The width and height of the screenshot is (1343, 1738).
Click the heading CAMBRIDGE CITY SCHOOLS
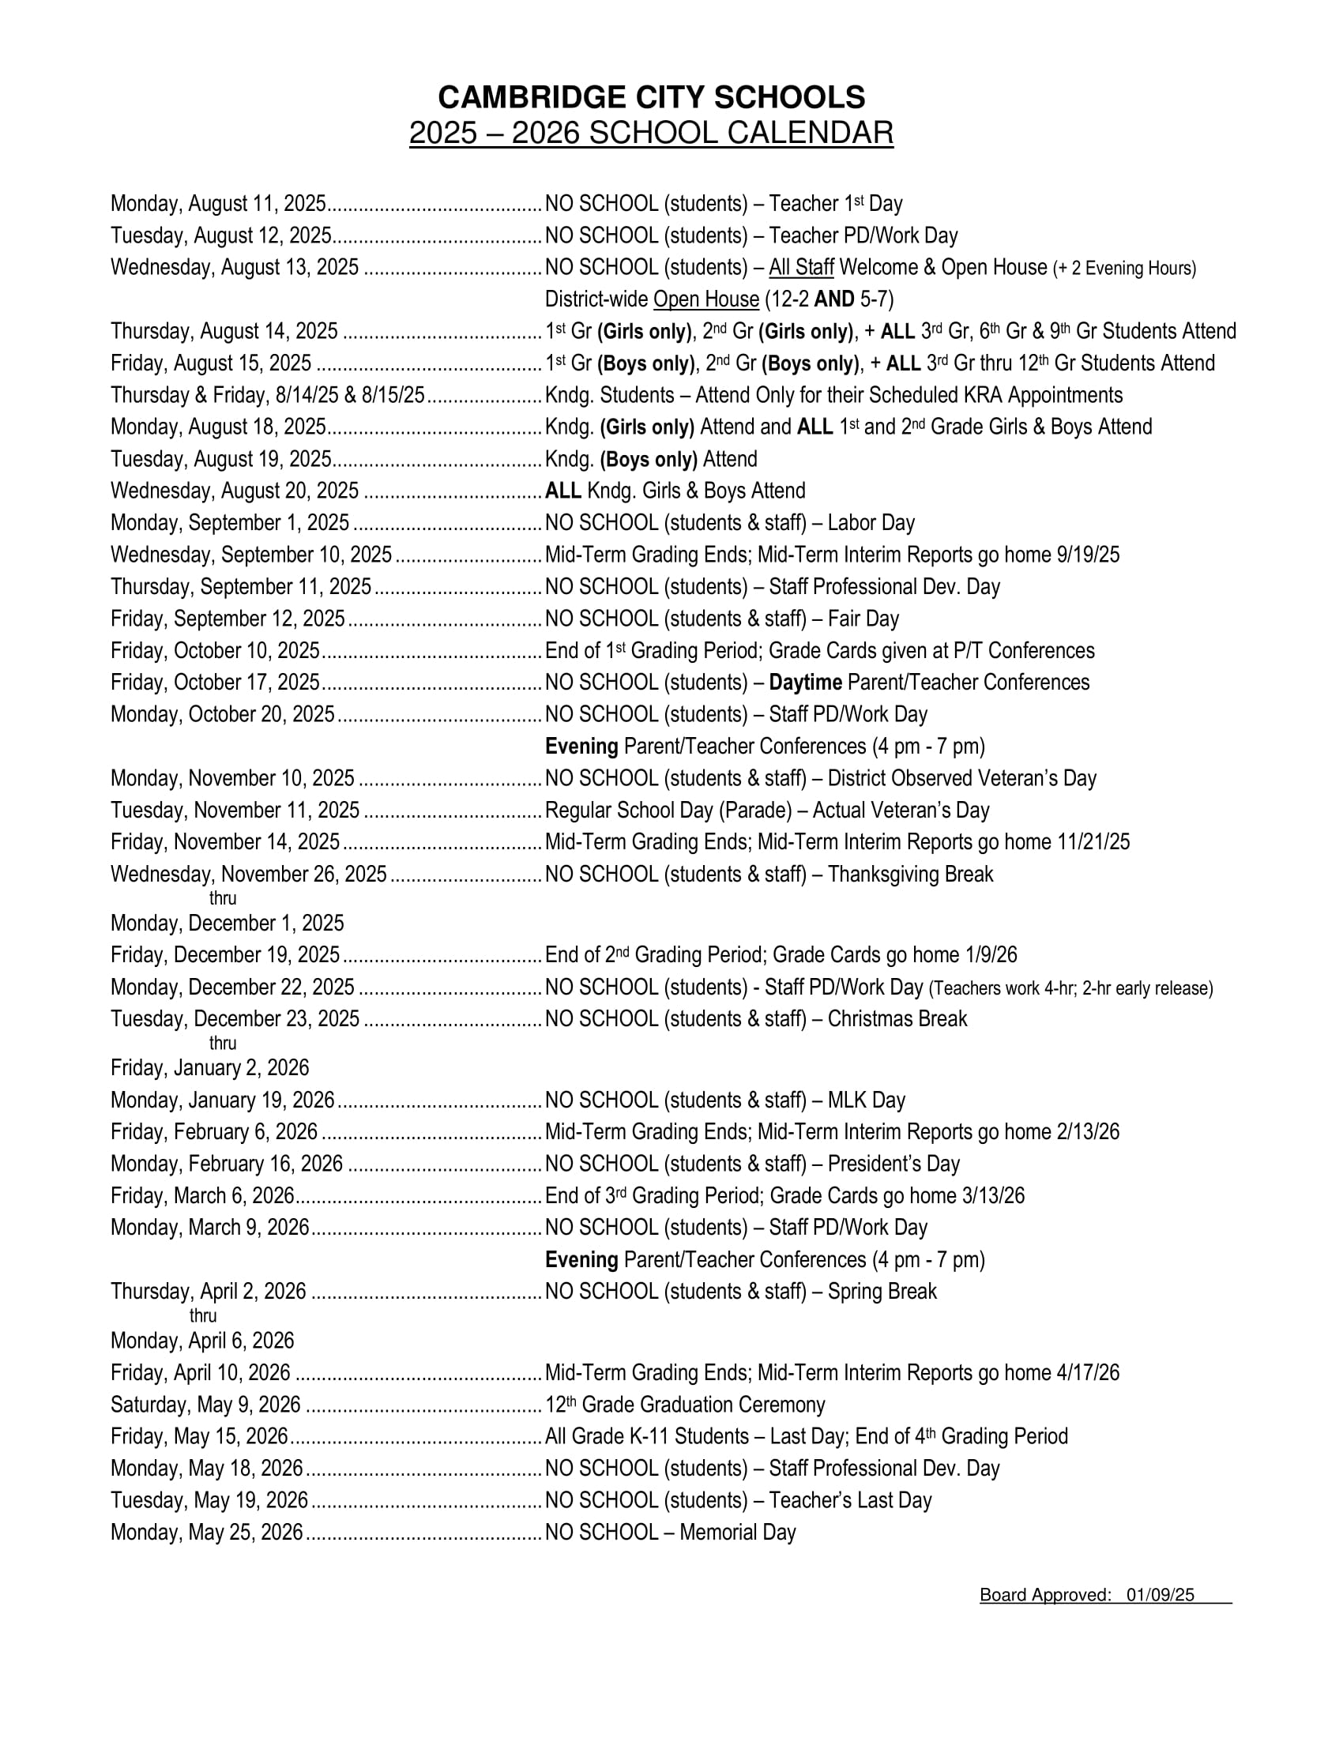651,98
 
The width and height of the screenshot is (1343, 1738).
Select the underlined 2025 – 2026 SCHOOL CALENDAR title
651,133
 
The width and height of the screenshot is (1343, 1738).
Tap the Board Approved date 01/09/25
1160,1595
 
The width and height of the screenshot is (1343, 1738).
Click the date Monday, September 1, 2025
230,523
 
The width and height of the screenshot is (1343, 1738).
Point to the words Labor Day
871,523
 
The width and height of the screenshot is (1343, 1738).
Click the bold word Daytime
805,682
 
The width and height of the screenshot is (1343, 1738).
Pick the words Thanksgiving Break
910,874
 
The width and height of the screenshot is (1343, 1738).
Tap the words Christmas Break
897,1018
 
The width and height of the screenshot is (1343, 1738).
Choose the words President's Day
893,1164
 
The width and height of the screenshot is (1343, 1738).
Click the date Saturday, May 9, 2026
205,1405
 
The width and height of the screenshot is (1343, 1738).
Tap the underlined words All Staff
800,267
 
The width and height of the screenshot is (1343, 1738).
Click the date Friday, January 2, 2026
209,1068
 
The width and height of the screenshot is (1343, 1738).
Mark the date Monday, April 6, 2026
202,1341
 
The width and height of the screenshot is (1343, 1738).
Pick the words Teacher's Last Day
850,1500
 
